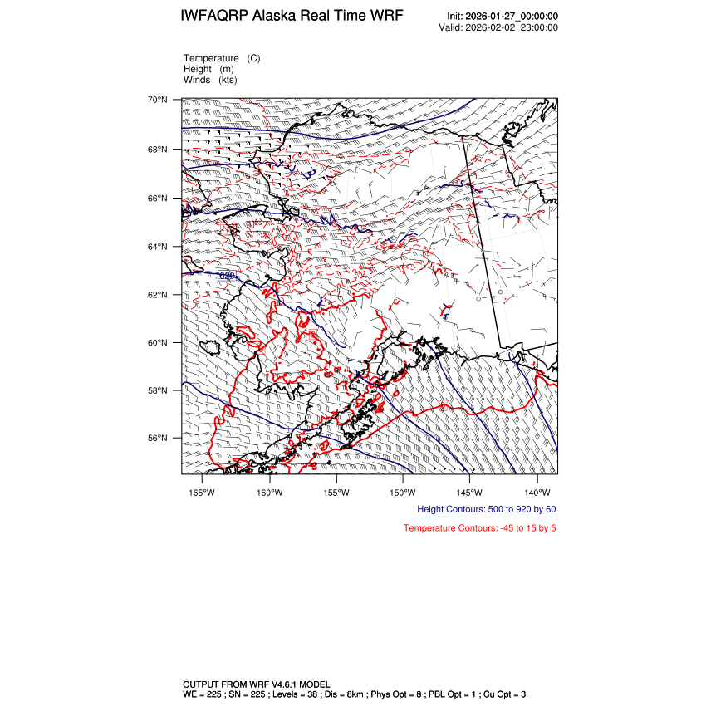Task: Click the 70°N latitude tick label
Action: [x=158, y=101]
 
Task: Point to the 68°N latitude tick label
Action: [x=158, y=150]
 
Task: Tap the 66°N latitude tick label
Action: [x=158, y=199]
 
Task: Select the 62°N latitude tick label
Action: [x=158, y=295]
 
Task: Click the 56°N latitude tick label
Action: [x=158, y=439]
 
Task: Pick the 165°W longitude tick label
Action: [x=202, y=491]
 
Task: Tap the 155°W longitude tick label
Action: [x=336, y=491]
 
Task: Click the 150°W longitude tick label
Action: [x=402, y=491]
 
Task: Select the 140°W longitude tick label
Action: [x=537, y=491]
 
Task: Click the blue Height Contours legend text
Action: [x=486, y=509]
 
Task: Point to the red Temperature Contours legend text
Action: [x=479, y=528]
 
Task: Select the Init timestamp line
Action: [x=502, y=17]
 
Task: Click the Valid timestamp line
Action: [x=498, y=27]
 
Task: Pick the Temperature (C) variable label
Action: [x=222, y=58]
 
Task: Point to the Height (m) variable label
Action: [x=208, y=69]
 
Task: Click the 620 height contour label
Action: [x=227, y=275]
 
